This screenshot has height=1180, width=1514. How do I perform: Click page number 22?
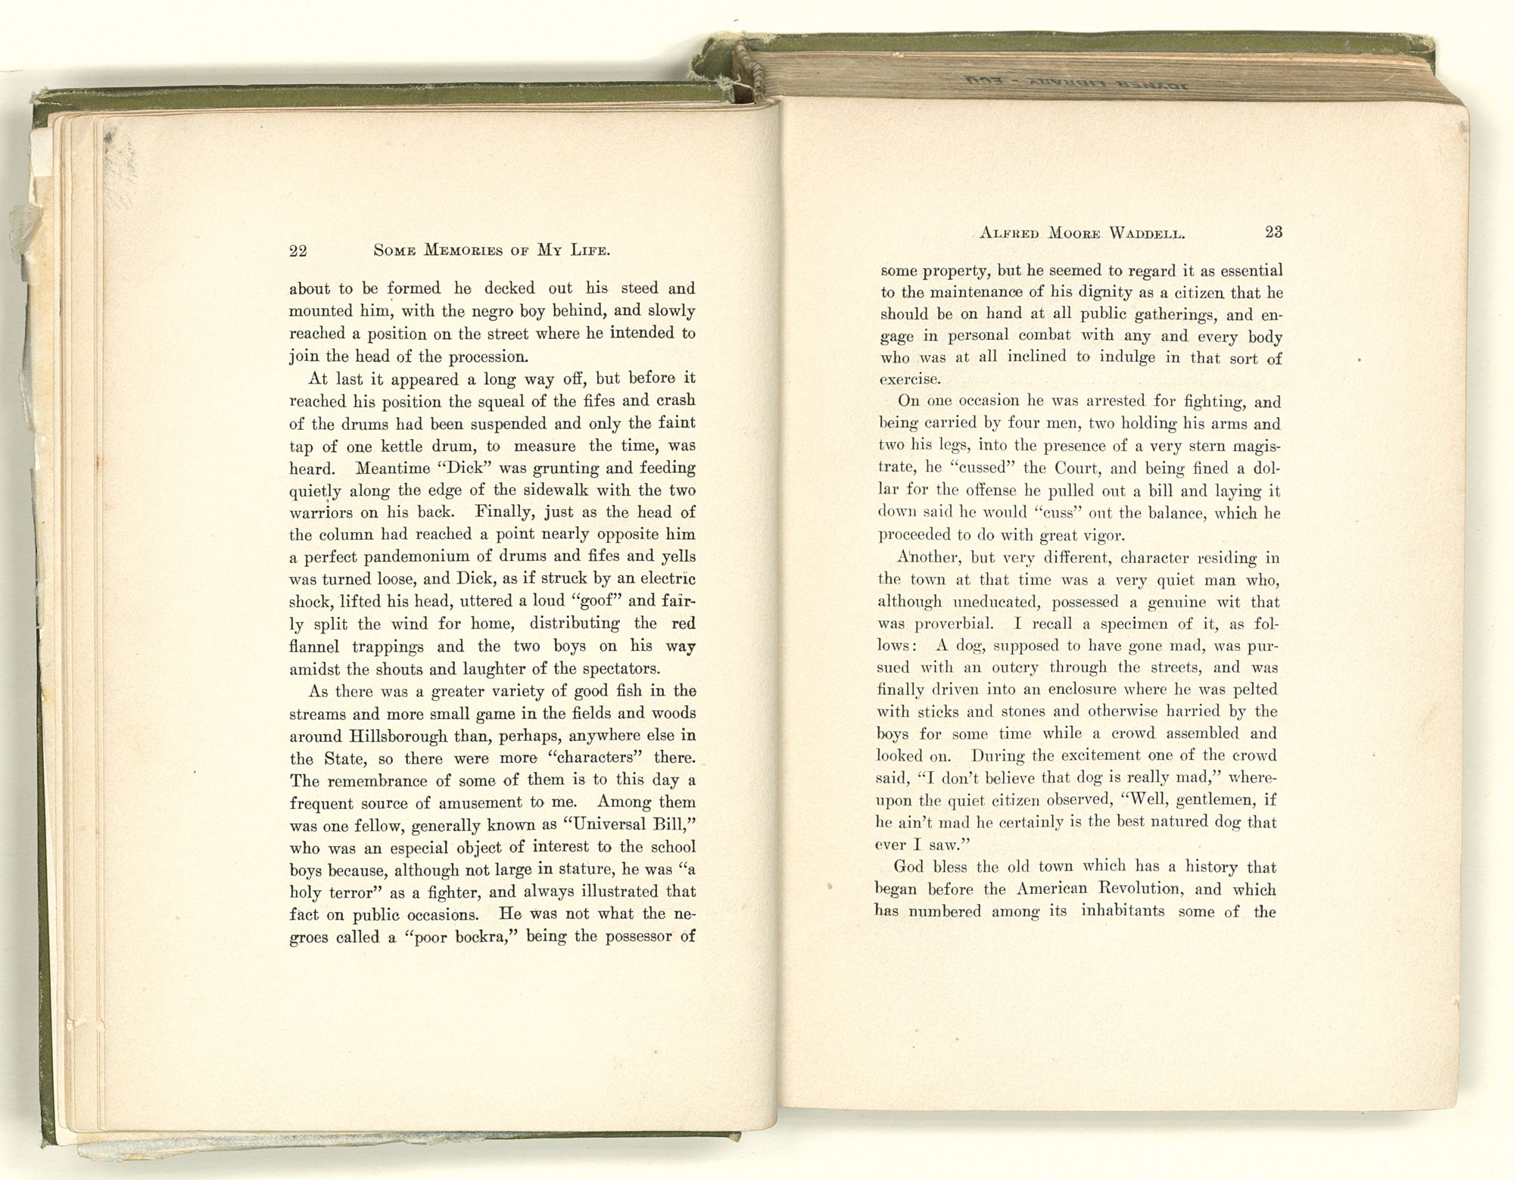[297, 251]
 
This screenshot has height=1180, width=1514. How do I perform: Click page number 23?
[1273, 232]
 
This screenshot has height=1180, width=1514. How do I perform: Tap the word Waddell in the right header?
[1142, 233]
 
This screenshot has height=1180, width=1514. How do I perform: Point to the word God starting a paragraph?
[909, 867]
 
